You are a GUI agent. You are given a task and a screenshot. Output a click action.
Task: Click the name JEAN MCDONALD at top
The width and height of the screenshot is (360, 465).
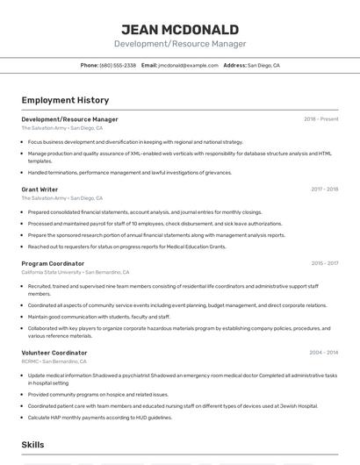pos(180,29)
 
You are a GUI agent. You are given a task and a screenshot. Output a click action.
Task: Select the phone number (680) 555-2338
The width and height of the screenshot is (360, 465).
pos(118,65)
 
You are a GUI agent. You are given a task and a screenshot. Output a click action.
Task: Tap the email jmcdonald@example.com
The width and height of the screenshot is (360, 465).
pos(188,65)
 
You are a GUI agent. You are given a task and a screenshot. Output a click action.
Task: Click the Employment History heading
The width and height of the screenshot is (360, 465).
pos(65,100)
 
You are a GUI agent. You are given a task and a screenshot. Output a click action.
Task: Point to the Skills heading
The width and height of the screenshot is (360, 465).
pos(33,446)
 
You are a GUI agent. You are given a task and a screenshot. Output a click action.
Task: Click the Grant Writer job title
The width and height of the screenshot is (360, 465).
pos(40,189)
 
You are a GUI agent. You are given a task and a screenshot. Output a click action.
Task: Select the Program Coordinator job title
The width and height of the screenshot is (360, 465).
pos(53,263)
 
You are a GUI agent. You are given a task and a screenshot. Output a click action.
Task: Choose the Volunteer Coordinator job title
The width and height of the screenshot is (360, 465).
pos(54,352)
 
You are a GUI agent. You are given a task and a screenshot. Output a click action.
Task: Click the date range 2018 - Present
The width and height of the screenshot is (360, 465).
pos(321,119)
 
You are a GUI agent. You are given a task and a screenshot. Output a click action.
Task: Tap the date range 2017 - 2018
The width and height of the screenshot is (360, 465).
pos(324,189)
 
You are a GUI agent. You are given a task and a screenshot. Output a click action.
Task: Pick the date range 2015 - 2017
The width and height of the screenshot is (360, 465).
pos(324,263)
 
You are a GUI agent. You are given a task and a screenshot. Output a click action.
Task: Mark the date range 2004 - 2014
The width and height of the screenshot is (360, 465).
pos(323,352)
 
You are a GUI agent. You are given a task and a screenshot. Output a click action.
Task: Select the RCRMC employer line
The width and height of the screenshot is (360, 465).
pos(54,361)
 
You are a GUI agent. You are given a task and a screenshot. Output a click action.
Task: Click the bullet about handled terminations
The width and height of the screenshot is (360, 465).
pos(130,173)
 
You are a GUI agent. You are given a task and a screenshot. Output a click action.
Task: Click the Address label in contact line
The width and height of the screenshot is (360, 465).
pos(234,65)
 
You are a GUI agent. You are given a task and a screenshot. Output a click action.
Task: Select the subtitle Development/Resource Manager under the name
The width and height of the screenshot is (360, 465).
pos(180,44)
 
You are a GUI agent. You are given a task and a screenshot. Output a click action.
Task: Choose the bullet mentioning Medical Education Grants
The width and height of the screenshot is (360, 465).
pos(126,247)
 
